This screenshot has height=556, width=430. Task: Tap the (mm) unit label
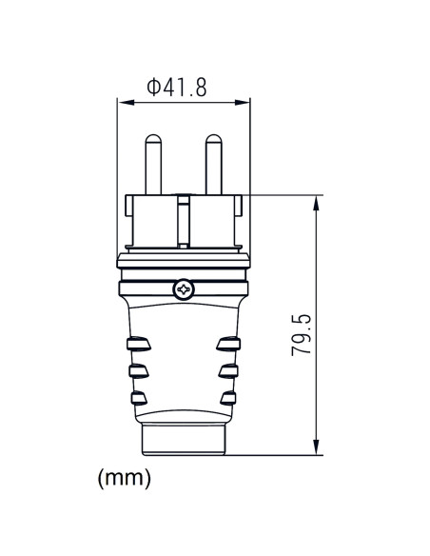[125, 477]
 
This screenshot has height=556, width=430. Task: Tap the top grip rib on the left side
[138, 343]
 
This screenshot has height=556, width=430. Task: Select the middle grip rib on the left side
[138, 368]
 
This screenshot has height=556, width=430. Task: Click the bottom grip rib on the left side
[139, 395]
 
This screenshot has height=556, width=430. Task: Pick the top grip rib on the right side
[227, 343]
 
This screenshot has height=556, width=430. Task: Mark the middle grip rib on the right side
[227, 368]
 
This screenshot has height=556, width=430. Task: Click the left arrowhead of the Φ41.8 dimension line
[121, 101]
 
